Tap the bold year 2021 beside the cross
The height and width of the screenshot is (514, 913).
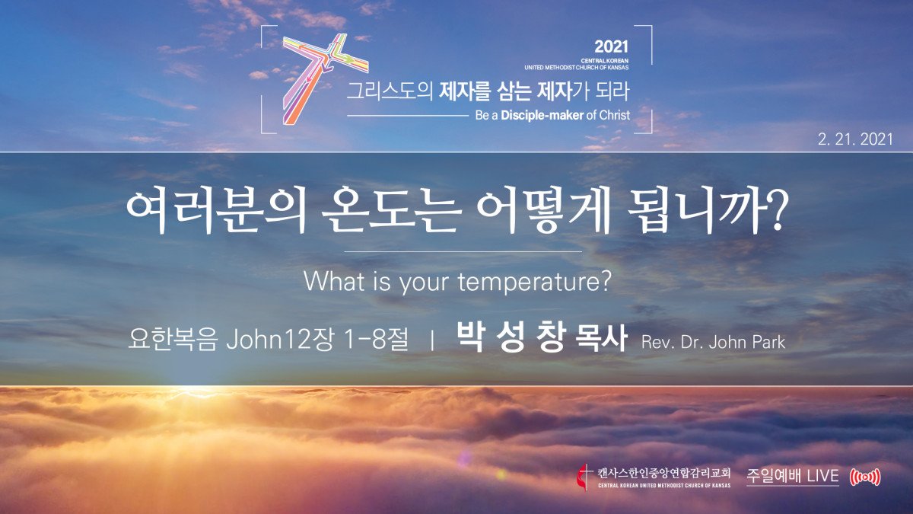tap(612, 47)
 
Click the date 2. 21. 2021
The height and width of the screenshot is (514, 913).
tap(855, 139)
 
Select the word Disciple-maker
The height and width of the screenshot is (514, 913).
tap(542, 116)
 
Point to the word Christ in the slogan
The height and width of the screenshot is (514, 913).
tap(615, 116)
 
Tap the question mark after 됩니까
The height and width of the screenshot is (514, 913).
tap(774, 210)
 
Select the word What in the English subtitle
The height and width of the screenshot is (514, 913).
tap(334, 281)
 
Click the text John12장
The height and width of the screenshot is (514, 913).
tap(281, 340)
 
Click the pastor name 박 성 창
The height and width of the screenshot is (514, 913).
tap(511, 338)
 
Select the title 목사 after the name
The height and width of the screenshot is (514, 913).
tap(600, 340)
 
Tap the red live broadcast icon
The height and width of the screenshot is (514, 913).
tap(865, 477)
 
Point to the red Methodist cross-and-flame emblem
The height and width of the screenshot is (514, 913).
tap(584, 477)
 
